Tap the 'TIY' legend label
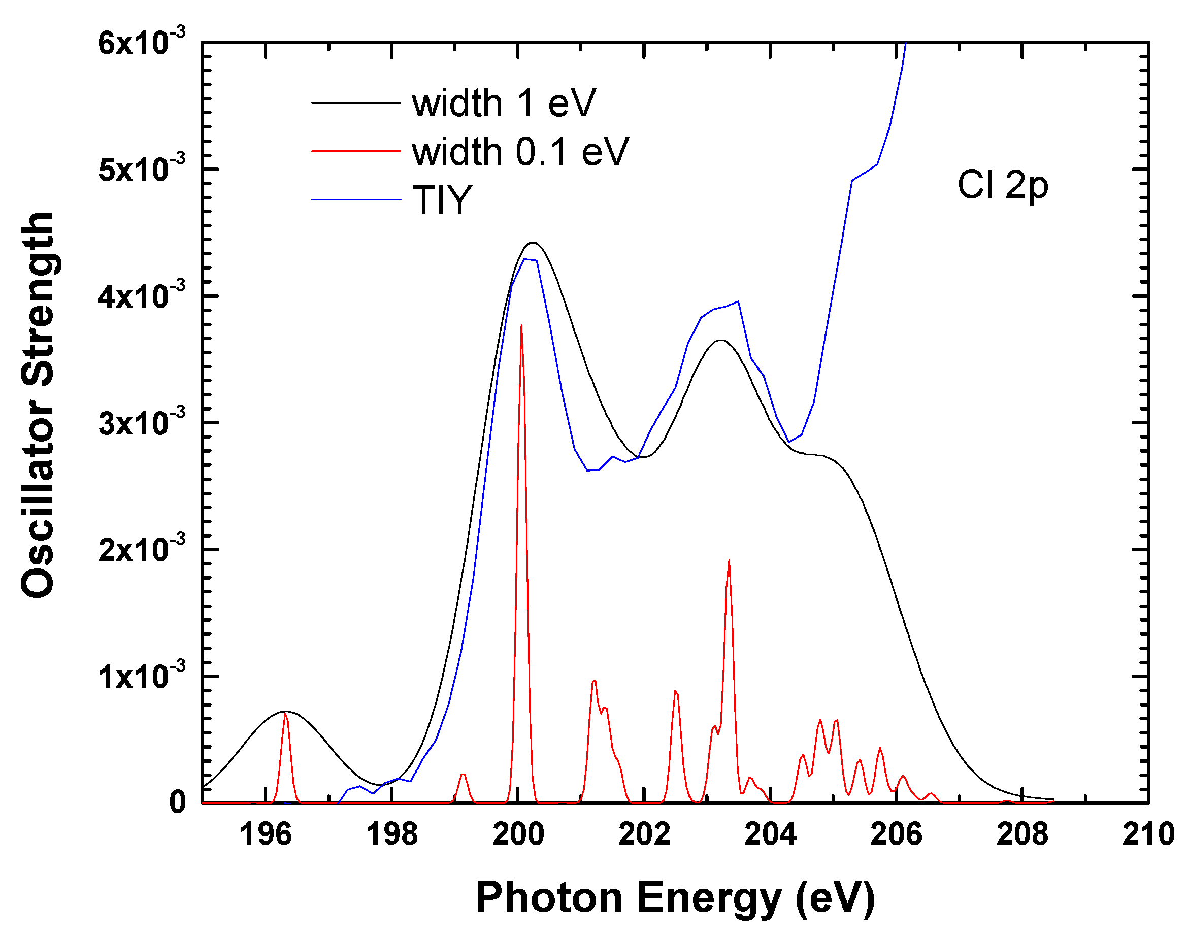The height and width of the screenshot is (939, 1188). (442, 199)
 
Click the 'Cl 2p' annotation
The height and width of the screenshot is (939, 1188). (1002, 185)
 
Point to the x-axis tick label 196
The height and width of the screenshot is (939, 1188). (266, 834)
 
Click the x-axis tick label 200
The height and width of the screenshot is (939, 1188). (518, 834)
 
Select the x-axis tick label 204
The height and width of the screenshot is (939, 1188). (770, 834)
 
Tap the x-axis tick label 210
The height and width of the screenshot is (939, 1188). (1148, 834)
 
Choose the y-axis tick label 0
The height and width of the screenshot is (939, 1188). (177, 802)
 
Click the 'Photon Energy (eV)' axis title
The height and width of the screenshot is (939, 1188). (675, 897)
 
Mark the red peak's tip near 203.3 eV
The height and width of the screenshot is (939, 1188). (729, 561)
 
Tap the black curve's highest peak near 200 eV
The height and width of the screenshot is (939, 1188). (532, 243)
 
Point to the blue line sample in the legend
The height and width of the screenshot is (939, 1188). (356, 199)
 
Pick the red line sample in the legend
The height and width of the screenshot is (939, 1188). (356, 151)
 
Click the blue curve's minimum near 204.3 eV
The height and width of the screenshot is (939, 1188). (789, 442)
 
